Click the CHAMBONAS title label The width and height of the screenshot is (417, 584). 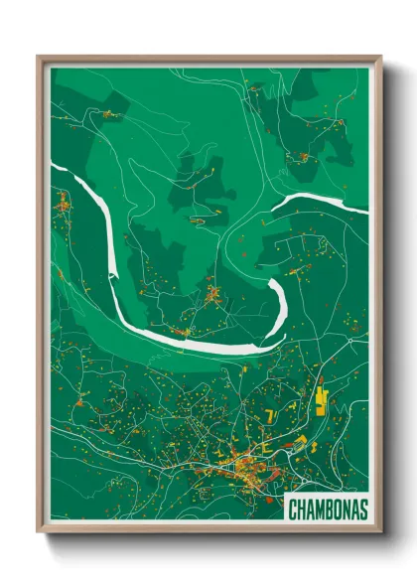click(x=327, y=510)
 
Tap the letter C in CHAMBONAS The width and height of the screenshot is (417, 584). click(x=293, y=510)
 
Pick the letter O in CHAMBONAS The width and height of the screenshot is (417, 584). click(x=337, y=510)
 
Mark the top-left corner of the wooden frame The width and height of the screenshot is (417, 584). click(x=39, y=57)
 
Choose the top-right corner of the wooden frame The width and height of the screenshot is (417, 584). click(x=380, y=57)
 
